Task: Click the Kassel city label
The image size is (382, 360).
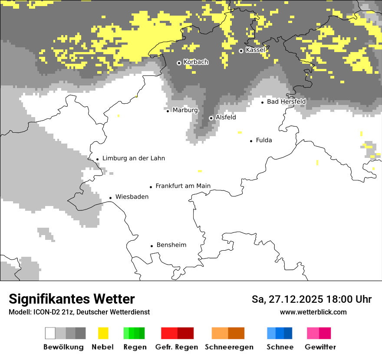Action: click(x=255, y=50)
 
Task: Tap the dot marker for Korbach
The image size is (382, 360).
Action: click(x=179, y=63)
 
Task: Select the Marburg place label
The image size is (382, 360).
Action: click(x=185, y=110)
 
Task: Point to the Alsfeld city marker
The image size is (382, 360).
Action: click(x=211, y=118)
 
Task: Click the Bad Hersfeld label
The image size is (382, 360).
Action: click(x=286, y=102)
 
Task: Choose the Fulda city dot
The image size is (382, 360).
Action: click(x=251, y=141)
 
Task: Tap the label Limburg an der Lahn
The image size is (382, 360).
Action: click(x=133, y=158)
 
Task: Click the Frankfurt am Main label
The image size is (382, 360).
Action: click(x=183, y=186)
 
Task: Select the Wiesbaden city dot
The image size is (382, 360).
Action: click(x=111, y=198)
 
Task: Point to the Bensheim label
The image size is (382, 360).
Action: click(x=171, y=245)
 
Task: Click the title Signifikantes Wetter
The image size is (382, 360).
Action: click(x=72, y=299)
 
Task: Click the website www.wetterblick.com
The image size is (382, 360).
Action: click(x=313, y=312)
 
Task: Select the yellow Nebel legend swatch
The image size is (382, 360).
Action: click(x=103, y=333)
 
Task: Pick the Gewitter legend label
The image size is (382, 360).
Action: click(x=320, y=347)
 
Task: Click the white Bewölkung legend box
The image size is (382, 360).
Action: click(x=50, y=333)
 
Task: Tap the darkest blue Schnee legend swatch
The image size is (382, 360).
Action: click(x=288, y=333)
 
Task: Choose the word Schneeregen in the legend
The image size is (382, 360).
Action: click(x=229, y=347)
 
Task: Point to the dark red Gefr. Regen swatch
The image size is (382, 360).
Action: click(x=185, y=333)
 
